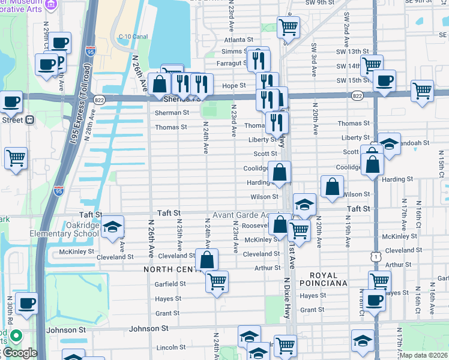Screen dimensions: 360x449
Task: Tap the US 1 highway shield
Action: pyautogui.click(x=376, y=256)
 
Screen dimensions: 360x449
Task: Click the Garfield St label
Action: pyautogui.click(x=170, y=284)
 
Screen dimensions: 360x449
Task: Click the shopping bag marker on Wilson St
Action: pyautogui.click(x=332, y=187)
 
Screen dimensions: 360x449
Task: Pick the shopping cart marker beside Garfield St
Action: pyautogui.click(x=217, y=281)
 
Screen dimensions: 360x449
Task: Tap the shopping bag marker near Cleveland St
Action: pyautogui.click(x=206, y=260)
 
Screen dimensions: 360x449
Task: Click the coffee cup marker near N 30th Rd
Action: pyautogui.click(x=26, y=304)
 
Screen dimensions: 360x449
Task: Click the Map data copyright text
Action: pyautogui.click(x=424, y=355)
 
